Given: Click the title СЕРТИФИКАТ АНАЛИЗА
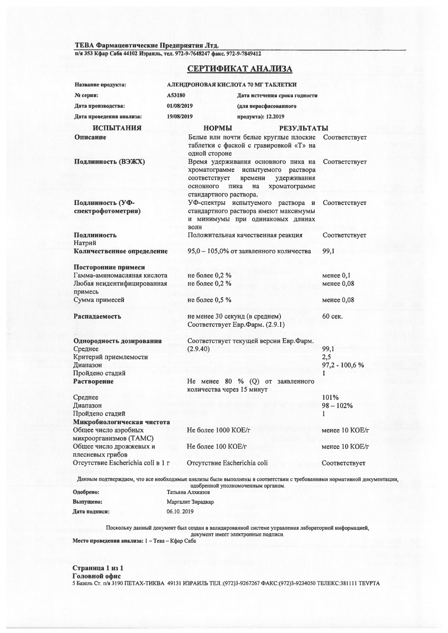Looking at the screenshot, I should pos(239,69).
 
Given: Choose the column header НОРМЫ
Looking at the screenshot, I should pos(218,128).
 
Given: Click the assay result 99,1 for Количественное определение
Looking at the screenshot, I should pos(328,251).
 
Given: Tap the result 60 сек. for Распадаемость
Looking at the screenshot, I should pos(332,316).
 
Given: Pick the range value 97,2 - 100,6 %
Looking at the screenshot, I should pos(343,365).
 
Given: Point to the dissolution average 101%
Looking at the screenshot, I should pos(330,397).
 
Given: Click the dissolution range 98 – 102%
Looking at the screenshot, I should pos(337,406).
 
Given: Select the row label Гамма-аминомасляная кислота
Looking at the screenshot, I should pos(120,276).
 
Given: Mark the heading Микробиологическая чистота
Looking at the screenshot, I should pos(122,422).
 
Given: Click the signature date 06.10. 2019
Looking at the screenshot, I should pos(180,512).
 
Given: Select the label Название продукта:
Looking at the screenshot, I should pos(100,85).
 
